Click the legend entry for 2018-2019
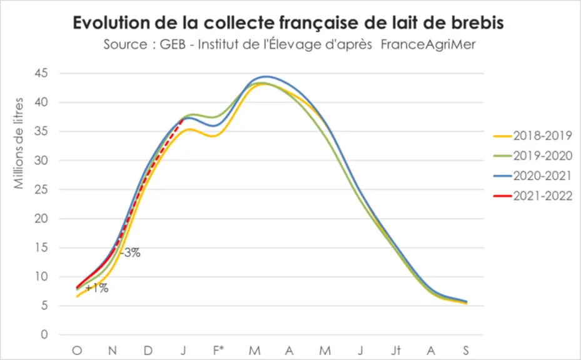(x=533, y=136)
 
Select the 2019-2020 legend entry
(x=533, y=156)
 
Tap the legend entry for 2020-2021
(x=533, y=176)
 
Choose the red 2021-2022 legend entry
(x=533, y=196)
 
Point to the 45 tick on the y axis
(x=41, y=73)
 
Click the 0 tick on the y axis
(x=44, y=334)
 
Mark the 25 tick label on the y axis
(x=41, y=189)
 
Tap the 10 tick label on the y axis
(x=41, y=276)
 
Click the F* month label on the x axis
(x=218, y=349)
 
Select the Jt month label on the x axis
(x=396, y=349)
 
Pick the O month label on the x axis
(x=77, y=350)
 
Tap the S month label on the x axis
(x=466, y=350)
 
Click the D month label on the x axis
(x=148, y=350)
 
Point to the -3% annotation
(x=130, y=253)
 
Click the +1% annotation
(x=97, y=287)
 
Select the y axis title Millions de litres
(x=19, y=143)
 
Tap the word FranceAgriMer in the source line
(x=428, y=44)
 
